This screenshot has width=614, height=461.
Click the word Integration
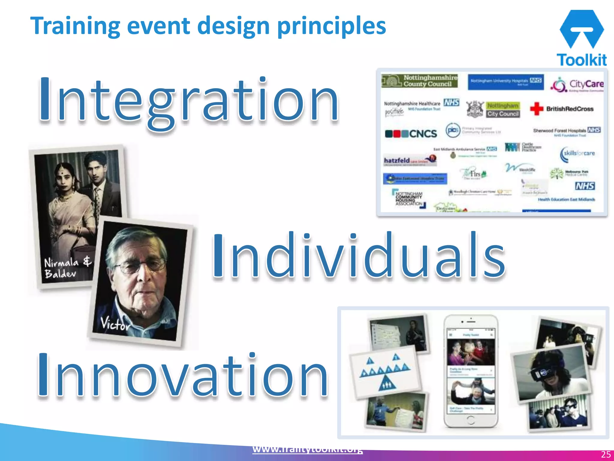pyautogui.click(x=189, y=101)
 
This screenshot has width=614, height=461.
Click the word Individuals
pyautogui.click(x=358, y=255)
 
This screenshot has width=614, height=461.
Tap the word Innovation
pyautogui.click(x=183, y=375)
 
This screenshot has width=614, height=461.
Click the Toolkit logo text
pyautogui.click(x=582, y=60)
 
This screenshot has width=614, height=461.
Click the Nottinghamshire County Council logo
pyautogui.click(x=420, y=81)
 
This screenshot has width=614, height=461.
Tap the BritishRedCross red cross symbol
pyautogui.click(x=536, y=109)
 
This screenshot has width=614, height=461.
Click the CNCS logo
pyautogui.click(x=411, y=134)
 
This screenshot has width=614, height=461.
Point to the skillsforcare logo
pyautogui.click(x=577, y=154)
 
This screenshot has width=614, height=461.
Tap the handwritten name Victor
pyautogui.click(x=115, y=324)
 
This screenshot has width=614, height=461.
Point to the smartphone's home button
pyautogui.click(x=471, y=420)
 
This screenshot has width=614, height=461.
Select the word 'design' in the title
pyautogui.click(x=234, y=26)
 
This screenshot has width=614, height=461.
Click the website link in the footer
pyautogui.click(x=307, y=450)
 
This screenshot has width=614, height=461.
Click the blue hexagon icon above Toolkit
pyautogui.click(x=582, y=29)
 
